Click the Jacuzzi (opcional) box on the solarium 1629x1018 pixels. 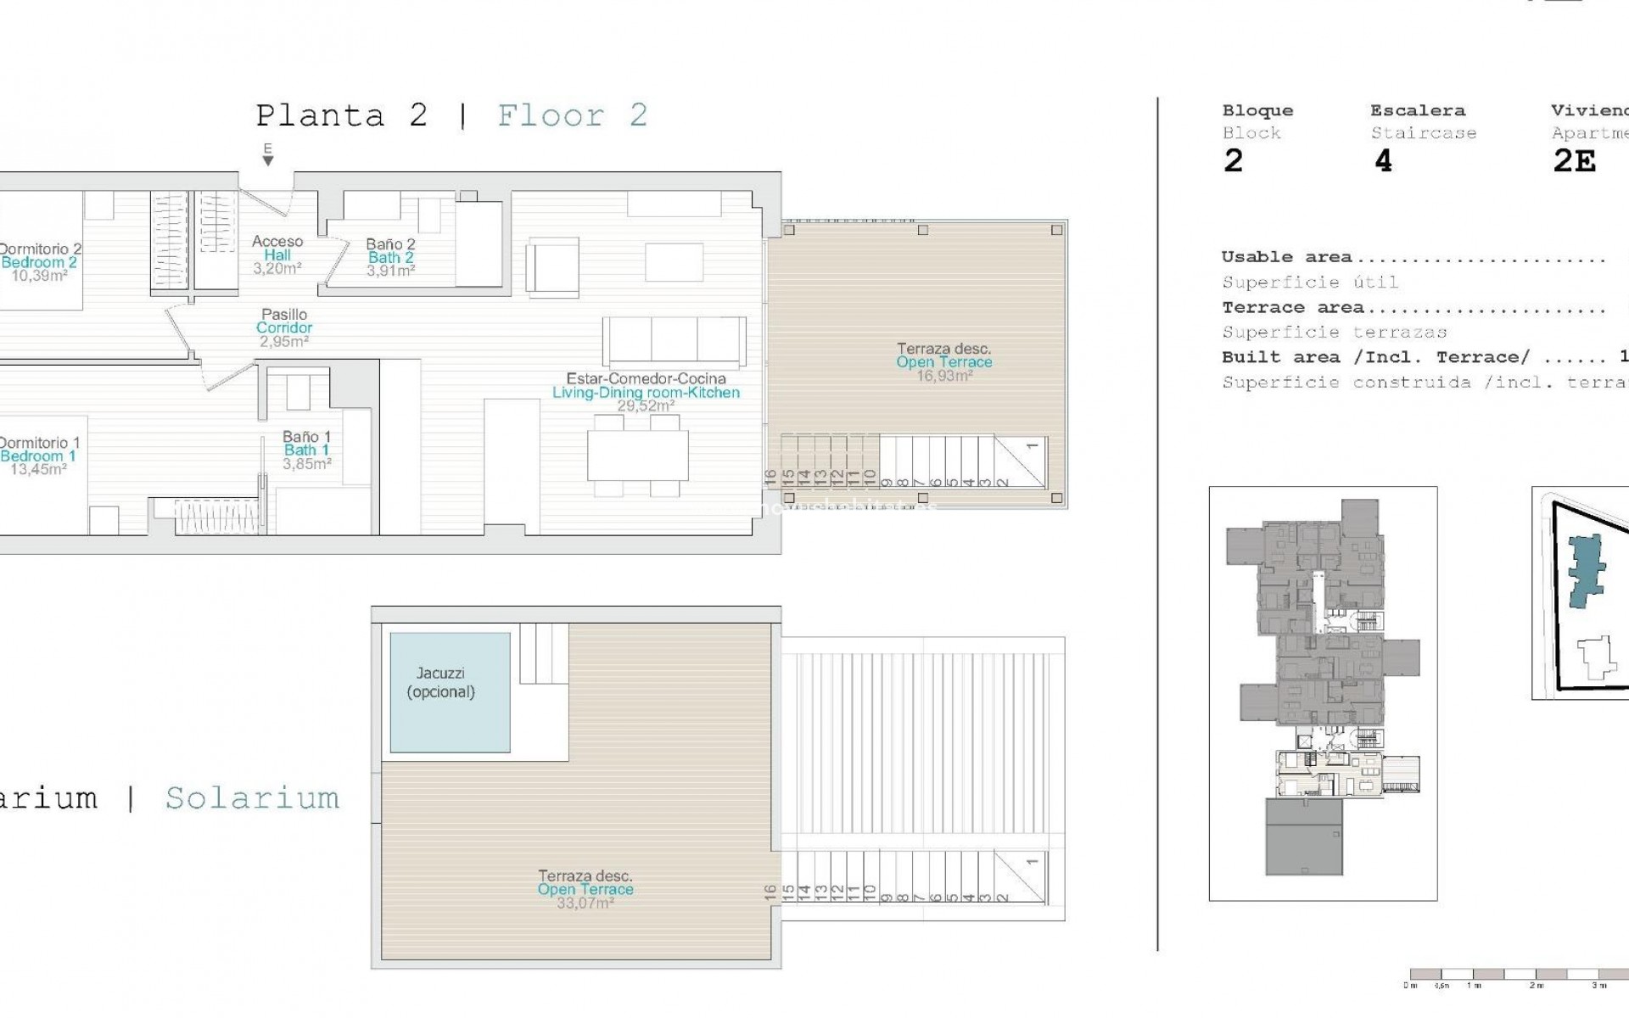click(450, 691)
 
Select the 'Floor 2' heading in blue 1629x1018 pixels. click(573, 115)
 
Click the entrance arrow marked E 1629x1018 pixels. click(268, 156)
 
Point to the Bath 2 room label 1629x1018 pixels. click(390, 257)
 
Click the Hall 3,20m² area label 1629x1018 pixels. click(277, 255)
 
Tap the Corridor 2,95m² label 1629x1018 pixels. click(284, 328)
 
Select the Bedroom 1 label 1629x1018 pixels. click(39, 456)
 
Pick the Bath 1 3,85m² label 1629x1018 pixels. click(306, 450)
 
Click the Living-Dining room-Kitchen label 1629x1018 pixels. click(646, 392)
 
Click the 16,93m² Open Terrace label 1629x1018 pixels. click(944, 362)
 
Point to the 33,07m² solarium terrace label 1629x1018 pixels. click(585, 889)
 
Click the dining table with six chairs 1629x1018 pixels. click(637, 455)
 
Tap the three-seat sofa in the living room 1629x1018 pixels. click(675, 341)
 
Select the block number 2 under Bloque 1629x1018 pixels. click(1233, 160)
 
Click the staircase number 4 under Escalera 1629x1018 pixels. click(1383, 160)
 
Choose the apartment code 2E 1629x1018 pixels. click(1574, 160)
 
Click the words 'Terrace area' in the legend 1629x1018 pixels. click(1292, 308)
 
